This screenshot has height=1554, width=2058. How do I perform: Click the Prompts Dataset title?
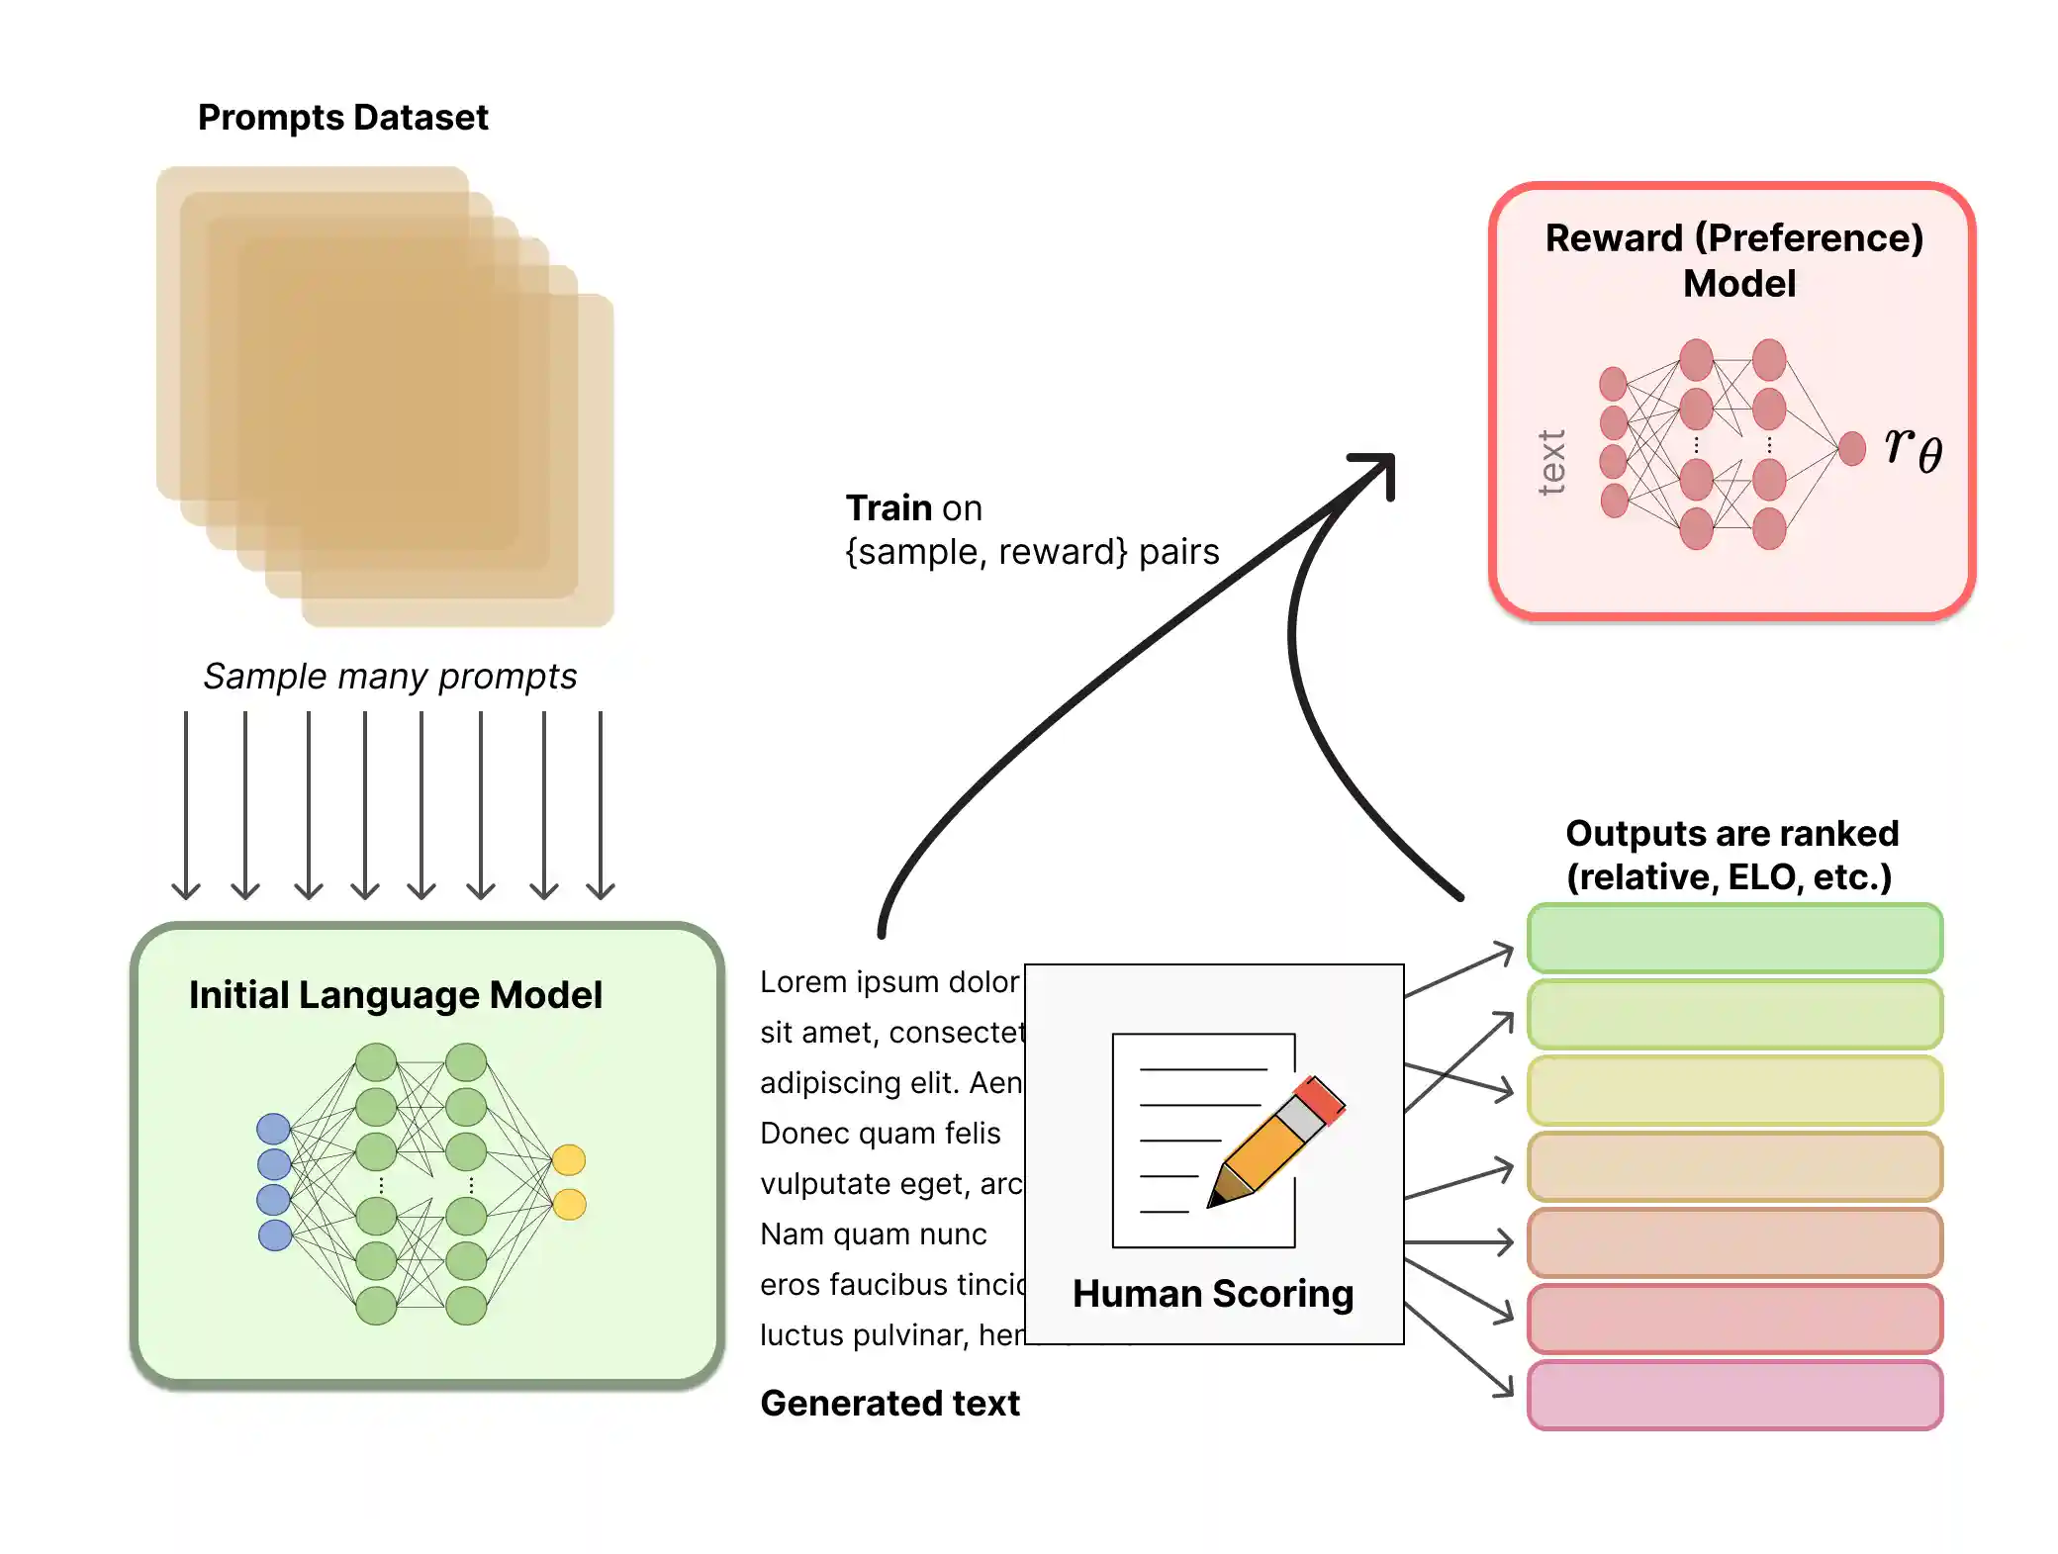(x=342, y=118)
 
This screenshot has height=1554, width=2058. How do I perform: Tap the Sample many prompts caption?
(x=390, y=677)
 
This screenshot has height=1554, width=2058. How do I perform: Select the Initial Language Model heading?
(x=395, y=995)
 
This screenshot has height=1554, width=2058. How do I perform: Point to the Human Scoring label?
(x=1213, y=1294)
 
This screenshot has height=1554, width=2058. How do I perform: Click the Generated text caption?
(x=889, y=1404)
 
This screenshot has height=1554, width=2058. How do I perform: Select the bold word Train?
(x=889, y=508)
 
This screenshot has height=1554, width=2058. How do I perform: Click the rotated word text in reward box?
(x=1551, y=462)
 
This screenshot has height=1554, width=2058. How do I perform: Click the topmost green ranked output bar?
(x=1734, y=938)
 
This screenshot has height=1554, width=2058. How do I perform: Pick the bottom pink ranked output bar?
(x=1734, y=1395)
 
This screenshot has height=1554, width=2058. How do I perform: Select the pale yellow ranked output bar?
(x=1734, y=1090)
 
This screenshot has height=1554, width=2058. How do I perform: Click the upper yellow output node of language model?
(x=569, y=1159)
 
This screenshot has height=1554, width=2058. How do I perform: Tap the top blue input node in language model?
(x=273, y=1129)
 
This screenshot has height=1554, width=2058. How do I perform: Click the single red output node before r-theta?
(x=1851, y=448)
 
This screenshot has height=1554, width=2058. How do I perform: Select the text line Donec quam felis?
(x=880, y=1134)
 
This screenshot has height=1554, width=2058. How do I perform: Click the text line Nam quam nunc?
(x=873, y=1234)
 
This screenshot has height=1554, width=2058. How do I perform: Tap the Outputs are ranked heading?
(x=1731, y=855)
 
